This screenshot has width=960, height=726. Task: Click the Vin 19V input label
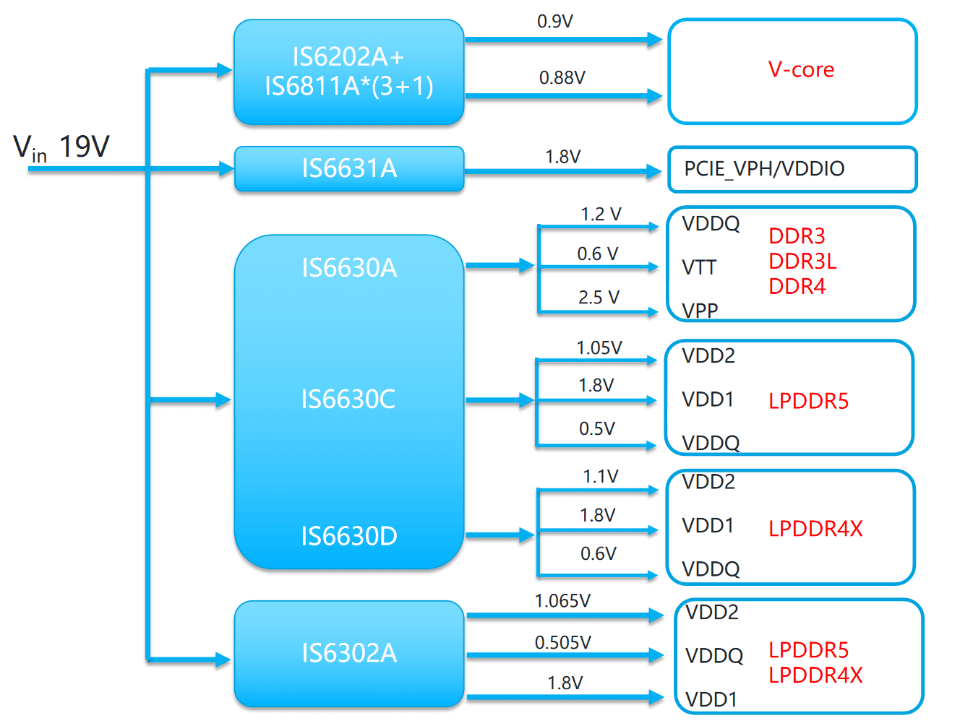pyautogui.click(x=61, y=147)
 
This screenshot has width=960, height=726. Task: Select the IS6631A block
pyautogui.click(x=349, y=169)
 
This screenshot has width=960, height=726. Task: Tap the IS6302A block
pyautogui.click(x=349, y=654)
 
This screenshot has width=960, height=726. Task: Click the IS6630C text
pyautogui.click(x=348, y=399)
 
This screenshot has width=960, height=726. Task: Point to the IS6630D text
pyautogui.click(x=349, y=536)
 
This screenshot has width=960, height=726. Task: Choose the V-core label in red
pyautogui.click(x=801, y=70)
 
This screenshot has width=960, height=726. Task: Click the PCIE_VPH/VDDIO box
pyautogui.click(x=792, y=170)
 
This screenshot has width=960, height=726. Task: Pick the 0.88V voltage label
pyautogui.click(x=562, y=78)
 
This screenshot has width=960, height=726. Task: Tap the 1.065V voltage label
pyautogui.click(x=562, y=601)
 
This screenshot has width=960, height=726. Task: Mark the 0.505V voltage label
pyautogui.click(x=563, y=642)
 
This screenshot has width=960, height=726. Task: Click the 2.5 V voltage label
pyautogui.click(x=599, y=298)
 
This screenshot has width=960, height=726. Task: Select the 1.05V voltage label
pyautogui.click(x=599, y=348)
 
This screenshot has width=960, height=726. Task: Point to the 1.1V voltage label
pyautogui.click(x=601, y=477)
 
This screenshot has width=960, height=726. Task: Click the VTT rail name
pyautogui.click(x=699, y=268)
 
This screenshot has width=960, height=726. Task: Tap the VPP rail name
pyautogui.click(x=700, y=311)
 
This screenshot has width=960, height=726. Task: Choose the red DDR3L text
pyautogui.click(x=802, y=262)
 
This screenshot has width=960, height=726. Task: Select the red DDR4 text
pyautogui.click(x=797, y=287)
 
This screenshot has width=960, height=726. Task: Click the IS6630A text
pyautogui.click(x=349, y=268)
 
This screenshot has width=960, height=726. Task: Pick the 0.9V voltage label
pyautogui.click(x=555, y=22)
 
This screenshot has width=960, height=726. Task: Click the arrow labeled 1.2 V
pyautogui.click(x=600, y=227)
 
